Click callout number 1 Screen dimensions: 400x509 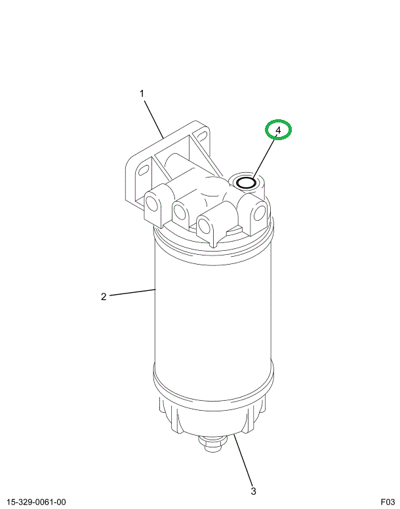[142, 94]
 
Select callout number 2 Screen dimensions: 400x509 [104, 297]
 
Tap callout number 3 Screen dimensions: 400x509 [254, 491]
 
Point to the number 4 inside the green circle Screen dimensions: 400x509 [278, 130]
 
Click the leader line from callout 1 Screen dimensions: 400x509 [154, 120]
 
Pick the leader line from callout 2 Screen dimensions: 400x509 [132, 292]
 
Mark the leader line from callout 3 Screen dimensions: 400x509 [243, 460]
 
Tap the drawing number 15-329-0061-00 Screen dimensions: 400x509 [36, 502]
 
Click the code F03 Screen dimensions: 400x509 [388, 502]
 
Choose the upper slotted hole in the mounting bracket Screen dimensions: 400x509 [201, 134]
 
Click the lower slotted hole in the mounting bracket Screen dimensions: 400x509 [144, 170]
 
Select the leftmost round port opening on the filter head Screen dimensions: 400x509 [151, 204]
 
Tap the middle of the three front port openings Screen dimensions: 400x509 [179, 212]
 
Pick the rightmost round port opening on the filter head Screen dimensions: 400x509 [260, 213]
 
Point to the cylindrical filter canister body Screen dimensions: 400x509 [213, 312]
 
